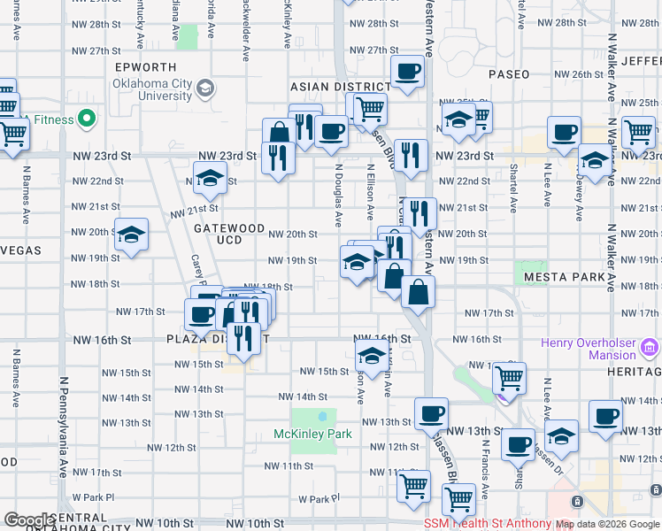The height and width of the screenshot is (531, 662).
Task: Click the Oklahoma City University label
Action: click(152, 89)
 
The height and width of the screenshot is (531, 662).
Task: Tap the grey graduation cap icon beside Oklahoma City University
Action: click(205, 88)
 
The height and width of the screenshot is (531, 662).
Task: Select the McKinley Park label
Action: click(313, 434)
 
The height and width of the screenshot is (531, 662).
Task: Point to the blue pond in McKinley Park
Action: click(323, 416)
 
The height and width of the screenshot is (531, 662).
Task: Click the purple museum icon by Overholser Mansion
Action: click(650, 348)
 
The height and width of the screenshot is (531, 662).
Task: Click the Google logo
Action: click(28, 520)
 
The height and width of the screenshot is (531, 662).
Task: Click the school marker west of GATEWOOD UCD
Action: click(132, 235)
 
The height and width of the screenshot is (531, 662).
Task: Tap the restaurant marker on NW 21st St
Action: click(420, 212)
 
